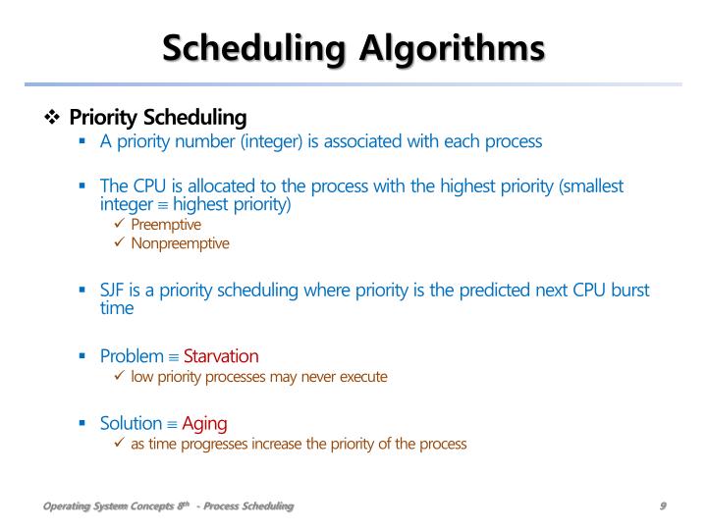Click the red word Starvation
point(221,355)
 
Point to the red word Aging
point(204,423)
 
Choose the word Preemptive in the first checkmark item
point(166,225)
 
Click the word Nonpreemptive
point(180,243)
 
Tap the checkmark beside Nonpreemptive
point(120,243)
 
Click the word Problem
point(132,355)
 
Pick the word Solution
point(131,423)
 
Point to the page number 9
point(664,505)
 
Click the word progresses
point(220,444)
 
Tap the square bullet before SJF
point(83,291)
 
